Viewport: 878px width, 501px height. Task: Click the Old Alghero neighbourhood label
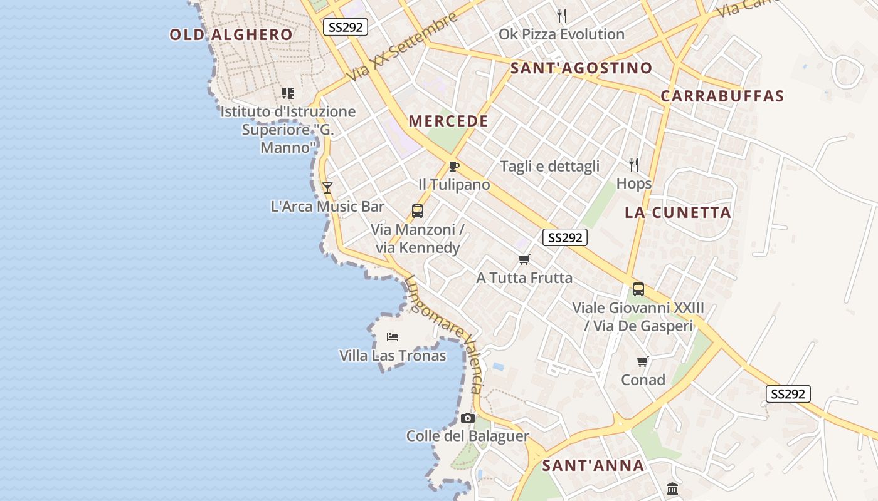[231, 34]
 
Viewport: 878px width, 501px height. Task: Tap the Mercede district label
[448, 121]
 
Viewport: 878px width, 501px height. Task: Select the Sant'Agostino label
[581, 68]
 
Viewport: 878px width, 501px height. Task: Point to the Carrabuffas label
[722, 96]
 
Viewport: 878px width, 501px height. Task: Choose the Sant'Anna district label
[593, 465]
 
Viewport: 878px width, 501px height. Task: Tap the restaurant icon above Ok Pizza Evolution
[562, 16]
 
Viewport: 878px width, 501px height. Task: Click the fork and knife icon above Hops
[634, 165]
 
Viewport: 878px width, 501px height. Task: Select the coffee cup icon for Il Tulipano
[454, 166]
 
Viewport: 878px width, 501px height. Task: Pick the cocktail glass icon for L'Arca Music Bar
[327, 187]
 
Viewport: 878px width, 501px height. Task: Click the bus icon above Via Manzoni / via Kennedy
[418, 211]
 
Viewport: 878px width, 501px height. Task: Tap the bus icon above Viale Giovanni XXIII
[638, 289]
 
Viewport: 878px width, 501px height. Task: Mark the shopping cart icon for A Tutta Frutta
[524, 259]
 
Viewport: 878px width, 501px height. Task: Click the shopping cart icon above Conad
[643, 361]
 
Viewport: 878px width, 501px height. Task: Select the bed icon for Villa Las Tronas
[393, 337]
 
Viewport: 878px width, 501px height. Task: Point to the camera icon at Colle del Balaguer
[467, 418]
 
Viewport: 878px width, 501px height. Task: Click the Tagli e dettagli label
[549, 167]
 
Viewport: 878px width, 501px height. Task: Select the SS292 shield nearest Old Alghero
[346, 27]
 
